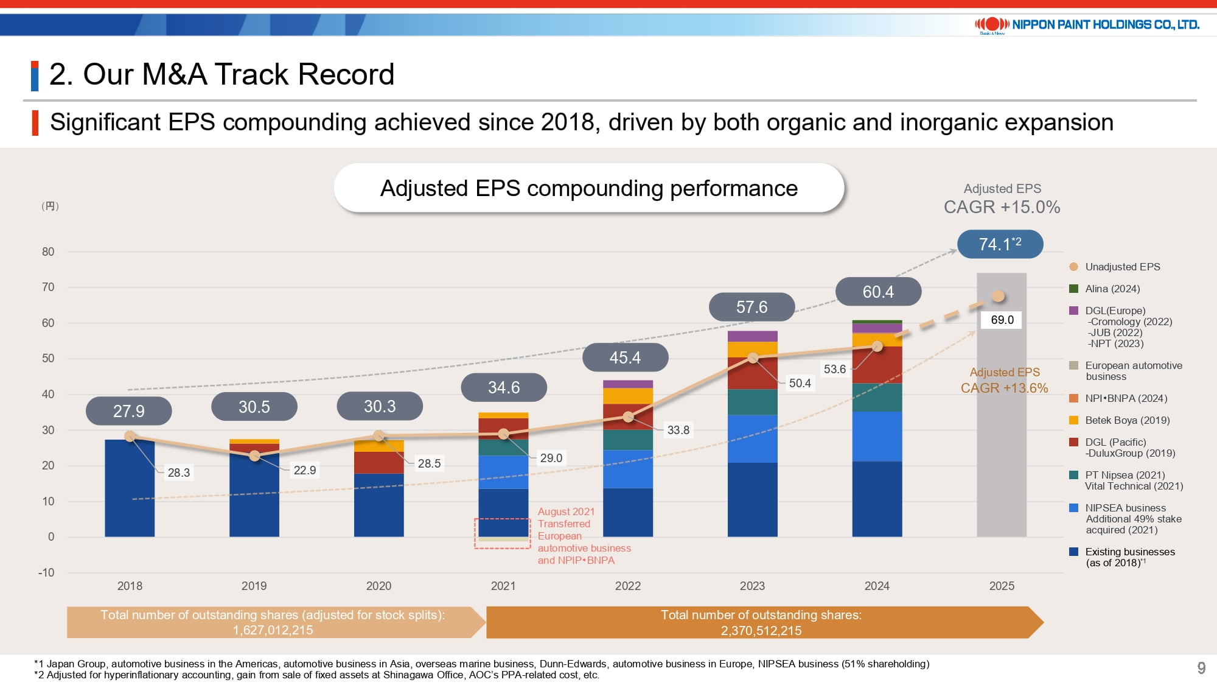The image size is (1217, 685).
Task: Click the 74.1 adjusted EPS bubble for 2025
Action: point(1000,244)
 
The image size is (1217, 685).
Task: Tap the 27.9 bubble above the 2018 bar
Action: point(128,411)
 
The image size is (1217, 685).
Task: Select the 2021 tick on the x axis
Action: point(503,586)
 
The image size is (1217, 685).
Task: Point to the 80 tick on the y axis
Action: point(48,251)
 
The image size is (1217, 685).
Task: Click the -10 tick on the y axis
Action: point(46,572)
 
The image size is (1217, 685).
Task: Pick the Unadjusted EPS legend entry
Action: point(1122,267)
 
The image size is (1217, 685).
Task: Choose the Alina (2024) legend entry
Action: point(1112,289)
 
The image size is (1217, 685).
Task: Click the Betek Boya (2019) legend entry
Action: point(1127,420)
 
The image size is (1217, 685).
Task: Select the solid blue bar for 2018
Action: point(130,487)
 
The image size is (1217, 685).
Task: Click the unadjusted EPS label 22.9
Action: point(305,470)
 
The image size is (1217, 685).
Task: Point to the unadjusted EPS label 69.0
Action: point(1002,320)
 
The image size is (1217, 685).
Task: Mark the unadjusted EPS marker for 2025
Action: point(998,297)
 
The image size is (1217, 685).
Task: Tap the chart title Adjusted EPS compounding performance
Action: point(588,188)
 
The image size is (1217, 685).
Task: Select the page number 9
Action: point(1201,668)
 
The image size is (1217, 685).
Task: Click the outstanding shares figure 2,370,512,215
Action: point(761,631)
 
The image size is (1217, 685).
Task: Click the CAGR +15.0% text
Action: point(1002,207)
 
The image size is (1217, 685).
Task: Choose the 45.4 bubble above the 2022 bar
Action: point(625,357)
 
